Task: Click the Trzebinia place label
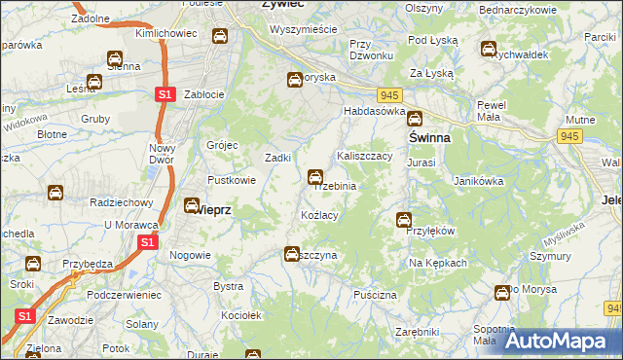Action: coord(336,186)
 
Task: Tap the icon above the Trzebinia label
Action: coord(315,177)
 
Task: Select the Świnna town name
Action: coord(429,138)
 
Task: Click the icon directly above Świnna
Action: coord(415,120)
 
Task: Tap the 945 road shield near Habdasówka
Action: coord(390,94)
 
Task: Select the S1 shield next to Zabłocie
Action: coord(165,94)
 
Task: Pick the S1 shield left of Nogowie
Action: coord(147,242)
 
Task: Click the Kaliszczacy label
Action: coord(364,156)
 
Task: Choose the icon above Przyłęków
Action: coord(403,220)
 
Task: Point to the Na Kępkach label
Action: coord(438,263)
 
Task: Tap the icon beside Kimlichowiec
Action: coord(221,36)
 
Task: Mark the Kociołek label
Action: coord(241,315)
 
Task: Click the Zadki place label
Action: coord(279,158)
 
